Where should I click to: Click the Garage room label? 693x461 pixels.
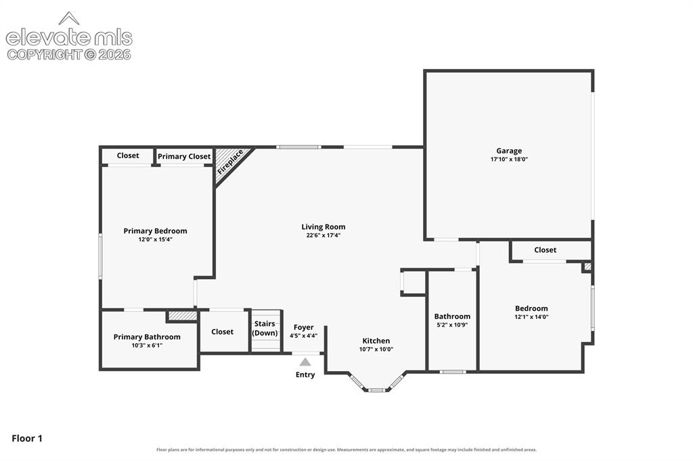coord(509,151)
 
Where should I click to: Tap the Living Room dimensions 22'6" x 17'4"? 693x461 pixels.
coord(323,235)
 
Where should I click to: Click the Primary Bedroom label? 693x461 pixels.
coord(155,231)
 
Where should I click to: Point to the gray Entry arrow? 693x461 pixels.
coord(305,362)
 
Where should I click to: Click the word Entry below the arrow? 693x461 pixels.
coord(305,375)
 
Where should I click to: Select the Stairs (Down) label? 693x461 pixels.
coord(265,328)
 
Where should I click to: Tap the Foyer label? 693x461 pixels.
coord(304,327)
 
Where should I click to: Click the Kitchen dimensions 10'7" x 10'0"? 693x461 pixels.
coord(376,349)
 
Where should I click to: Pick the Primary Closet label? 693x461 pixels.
coord(184,157)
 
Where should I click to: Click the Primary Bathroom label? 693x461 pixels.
coord(147,337)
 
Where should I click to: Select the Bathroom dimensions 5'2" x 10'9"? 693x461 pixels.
coord(452,325)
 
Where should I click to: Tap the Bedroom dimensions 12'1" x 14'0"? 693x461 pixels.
coord(531,316)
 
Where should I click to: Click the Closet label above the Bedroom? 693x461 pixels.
coord(545,250)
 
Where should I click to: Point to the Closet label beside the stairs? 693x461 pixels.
coord(222,332)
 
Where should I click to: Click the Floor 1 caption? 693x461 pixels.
coord(27,439)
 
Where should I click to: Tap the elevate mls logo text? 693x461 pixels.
coord(69,38)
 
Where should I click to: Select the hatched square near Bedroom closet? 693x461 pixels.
coord(587,267)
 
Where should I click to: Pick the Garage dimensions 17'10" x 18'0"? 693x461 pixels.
coord(509,160)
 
